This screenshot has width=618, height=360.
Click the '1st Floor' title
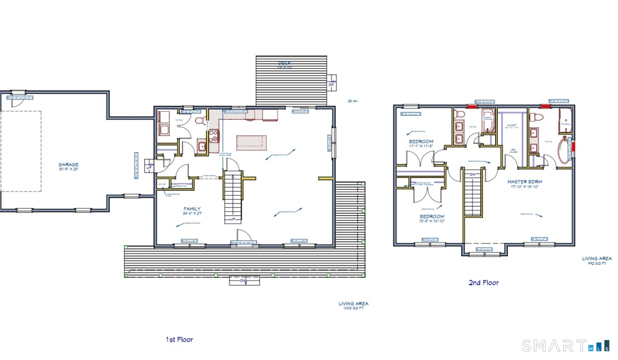pos(179,339)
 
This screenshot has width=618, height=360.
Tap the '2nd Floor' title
pos(483,283)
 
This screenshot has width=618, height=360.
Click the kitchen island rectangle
pos(252,142)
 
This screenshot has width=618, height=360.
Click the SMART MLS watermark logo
pos(565,346)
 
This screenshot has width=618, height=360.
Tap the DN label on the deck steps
pos(331,84)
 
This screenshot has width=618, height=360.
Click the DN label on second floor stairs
pos(472,174)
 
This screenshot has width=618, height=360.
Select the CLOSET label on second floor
pos(512,126)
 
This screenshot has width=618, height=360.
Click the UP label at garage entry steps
pos(149,168)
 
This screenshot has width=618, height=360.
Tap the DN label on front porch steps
pos(244,281)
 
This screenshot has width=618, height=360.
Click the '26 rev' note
pos(353,101)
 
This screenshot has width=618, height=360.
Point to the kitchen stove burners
pos(214,136)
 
